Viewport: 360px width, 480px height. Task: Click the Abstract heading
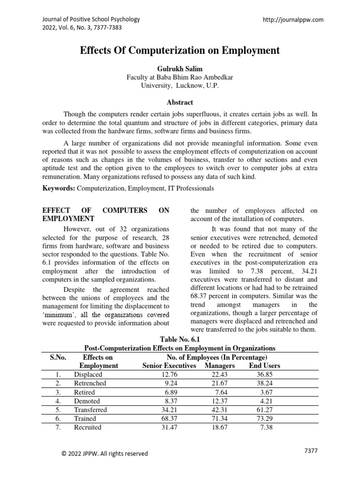pyautogui.click(x=180, y=102)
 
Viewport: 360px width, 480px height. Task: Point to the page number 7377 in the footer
pyautogui.click(x=311, y=450)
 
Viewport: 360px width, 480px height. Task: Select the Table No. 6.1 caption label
pyautogui.click(x=180, y=339)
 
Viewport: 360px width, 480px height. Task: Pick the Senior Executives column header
pyautogui.click(x=169, y=366)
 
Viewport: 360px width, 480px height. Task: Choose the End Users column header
pyautogui.click(x=265, y=366)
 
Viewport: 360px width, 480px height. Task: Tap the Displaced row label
pyautogui.click(x=88, y=375)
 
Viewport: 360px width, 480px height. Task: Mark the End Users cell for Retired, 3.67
pyautogui.click(x=266, y=392)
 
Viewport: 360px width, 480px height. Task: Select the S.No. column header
pyautogui.click(x=58, y=357)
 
